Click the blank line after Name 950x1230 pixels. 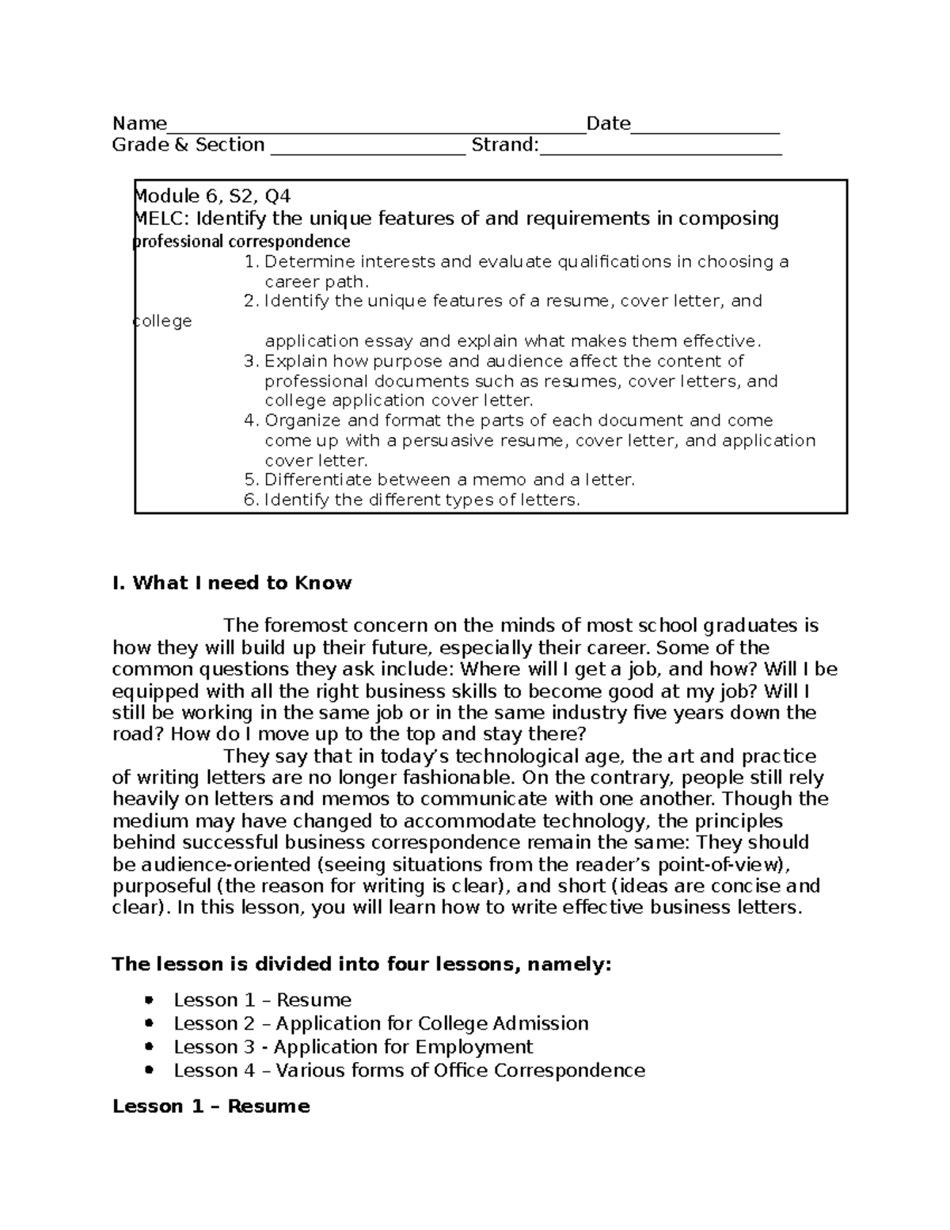click(x=376, y=128)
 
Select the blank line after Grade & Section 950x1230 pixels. click(x=368, y=150)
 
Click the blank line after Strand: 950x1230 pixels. click(x=660, y=150)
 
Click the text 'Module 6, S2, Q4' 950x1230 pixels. click(x=213, y=196)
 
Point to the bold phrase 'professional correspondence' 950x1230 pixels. click(x=241, y=241)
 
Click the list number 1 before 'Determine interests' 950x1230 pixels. click(x=251, y=262)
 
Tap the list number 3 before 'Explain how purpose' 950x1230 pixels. click(x=251, y=362)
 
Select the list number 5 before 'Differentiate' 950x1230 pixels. click(x=251, y=480)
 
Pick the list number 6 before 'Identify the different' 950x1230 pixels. click(x=251, y=500)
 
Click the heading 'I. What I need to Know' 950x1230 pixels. click(x=232, y=583)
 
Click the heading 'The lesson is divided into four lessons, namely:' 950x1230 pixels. click(x=362, y=964)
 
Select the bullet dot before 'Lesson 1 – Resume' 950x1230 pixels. click(x=150, y=1000)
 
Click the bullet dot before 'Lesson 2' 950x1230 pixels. click(x=150, y=1023)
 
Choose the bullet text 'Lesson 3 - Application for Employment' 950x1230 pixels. click(x=353, y=1047)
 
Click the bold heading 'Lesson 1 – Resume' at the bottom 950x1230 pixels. click(x=211, y=1106)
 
